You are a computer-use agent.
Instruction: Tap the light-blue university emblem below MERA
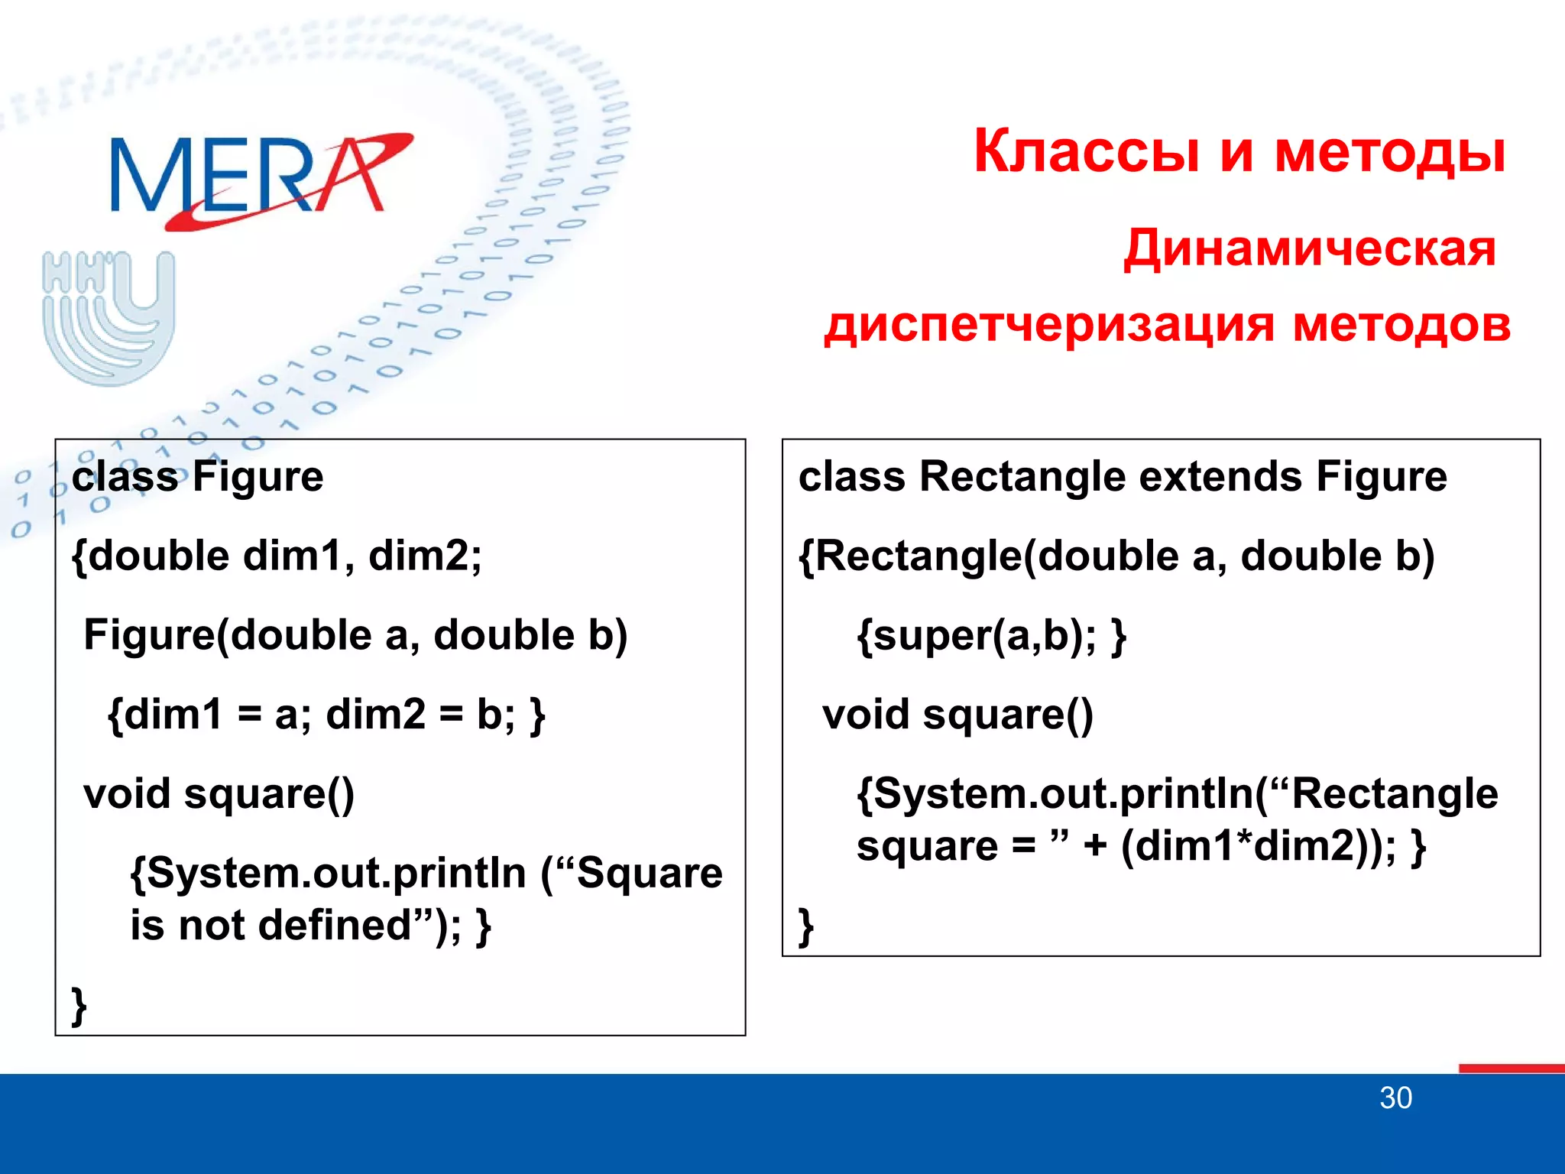pos(109,317)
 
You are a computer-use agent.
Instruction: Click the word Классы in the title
pos(1086,151)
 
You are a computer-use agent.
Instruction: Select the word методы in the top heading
pos(1389,151)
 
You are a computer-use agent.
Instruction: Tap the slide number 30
pos(1395,1098)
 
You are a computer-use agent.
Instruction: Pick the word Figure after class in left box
pos(258,477)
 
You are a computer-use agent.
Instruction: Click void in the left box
pos(126,794)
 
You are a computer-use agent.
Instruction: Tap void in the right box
pos(865,715)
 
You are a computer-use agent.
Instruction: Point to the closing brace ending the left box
pos(79,1006)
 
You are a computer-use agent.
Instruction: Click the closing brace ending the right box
pos(805,926)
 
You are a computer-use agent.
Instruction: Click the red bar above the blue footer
pos(1511,1068)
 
